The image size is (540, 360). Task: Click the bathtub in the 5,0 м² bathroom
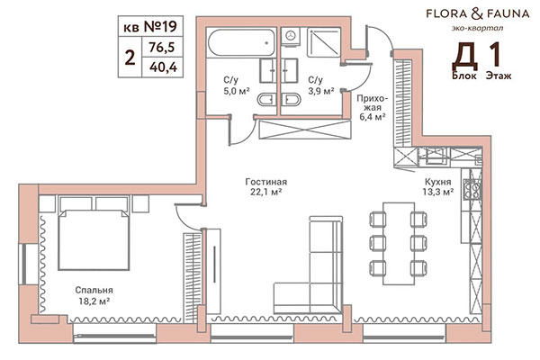click(x=238, y=41)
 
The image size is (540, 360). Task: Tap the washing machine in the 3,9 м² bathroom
click(x=290, y=39)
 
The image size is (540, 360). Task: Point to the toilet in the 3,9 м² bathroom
click(x=291, y=100)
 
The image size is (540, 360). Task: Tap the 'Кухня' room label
click(x=437, y=178)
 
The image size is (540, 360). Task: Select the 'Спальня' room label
click(x=94, y=290)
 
